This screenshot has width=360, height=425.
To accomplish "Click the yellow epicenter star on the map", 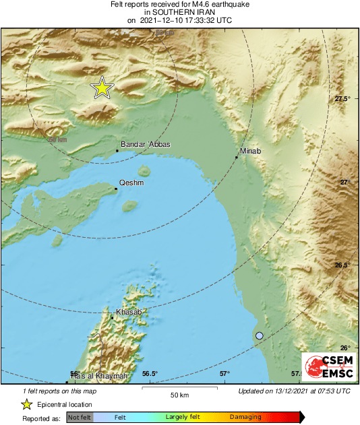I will pyautogui.click(x=102, y=88).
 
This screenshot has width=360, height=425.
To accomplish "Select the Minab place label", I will pyautogui.click(x=249, y=152).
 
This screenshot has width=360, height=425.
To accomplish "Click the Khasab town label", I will pyautogui.click(x=128, y=313).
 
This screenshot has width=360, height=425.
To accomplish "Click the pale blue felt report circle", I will pyautogui.click(x=260, y=335).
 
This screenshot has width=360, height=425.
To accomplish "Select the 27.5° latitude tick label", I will pyautogui.click(x=342, y=99).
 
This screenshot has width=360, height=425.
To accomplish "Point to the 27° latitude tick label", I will pyautogui.click(x=345, y=182).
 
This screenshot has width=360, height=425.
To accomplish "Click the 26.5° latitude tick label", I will pyautogui.click(x=342, y=265).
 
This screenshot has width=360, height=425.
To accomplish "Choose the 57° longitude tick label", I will pyautogui.click(x=224, y=374).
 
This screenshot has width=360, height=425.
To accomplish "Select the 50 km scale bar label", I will pyautogui.click(x=179, y=393).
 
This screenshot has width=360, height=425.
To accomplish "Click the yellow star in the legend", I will pyautogui.click(x=27, y=404).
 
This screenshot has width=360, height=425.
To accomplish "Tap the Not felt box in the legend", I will pyautogui.click(x=80, y=418).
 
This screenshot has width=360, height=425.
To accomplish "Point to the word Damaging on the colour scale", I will pyautogui.click(x=245, y=418).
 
